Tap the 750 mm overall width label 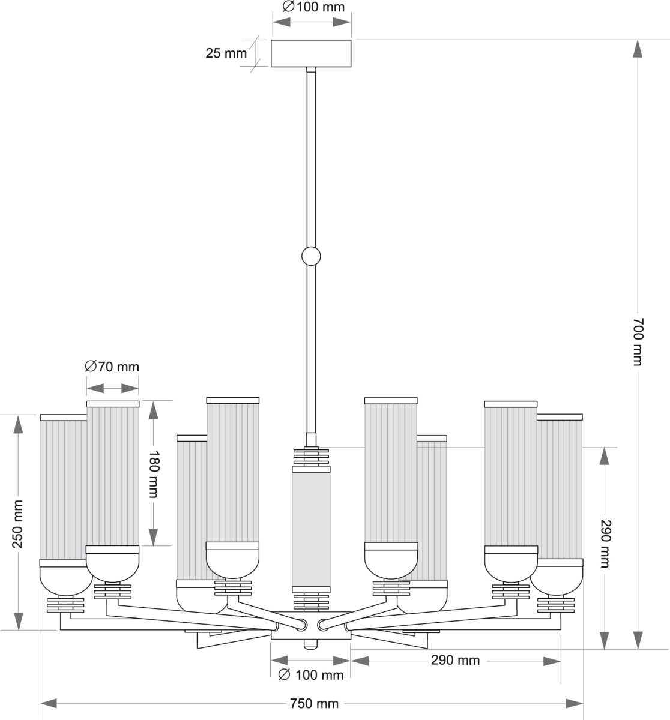(x=314, y=703)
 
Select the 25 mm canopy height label (x=226, y=53)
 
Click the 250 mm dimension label (x=17, y=524)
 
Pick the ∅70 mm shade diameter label (x=112, y=367)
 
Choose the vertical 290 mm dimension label (x=605, y=544)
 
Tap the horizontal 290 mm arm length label (x=455, y=660)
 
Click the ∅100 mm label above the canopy (x=313, y=7)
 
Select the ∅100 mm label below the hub (x=312, y=675)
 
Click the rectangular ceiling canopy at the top (x=311, y=53)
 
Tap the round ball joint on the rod (x=311, y=256)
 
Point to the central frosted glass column (x=311, y=528)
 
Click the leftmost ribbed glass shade (x=62, y=489)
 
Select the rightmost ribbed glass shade (x=560, y=489)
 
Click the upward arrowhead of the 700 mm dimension (x=638, y=49)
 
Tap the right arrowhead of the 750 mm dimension (x=575, y=703)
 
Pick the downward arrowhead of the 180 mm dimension (x=153, y=536)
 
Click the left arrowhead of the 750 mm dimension (x=49, y=703)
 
